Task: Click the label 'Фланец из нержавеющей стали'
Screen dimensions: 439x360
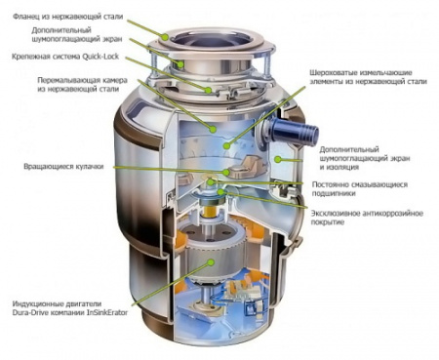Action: [x=68, y=17]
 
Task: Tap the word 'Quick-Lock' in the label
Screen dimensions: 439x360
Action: [x=100, y=57]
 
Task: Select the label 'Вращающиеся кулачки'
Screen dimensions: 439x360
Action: [x=63, y=167]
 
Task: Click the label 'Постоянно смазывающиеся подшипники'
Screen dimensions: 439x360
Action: [x=360, y=189]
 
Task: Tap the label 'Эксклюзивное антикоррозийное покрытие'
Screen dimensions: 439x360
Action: [x=367, y=218]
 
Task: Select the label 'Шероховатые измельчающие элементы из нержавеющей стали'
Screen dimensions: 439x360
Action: [x=368, y=77]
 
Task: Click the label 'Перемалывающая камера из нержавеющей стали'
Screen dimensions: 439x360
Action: [x=82, y=84]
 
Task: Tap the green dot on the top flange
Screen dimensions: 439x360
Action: [x=166, y=38]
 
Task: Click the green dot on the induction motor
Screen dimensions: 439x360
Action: [x=212, y=261]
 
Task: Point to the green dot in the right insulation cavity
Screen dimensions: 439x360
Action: [x=277, y=159]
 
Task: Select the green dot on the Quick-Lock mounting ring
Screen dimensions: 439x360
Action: [x=208, y=90]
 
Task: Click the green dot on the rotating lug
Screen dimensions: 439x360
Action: [x=226, y=172]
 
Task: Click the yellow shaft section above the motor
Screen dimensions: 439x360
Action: [x=210, y=212]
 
